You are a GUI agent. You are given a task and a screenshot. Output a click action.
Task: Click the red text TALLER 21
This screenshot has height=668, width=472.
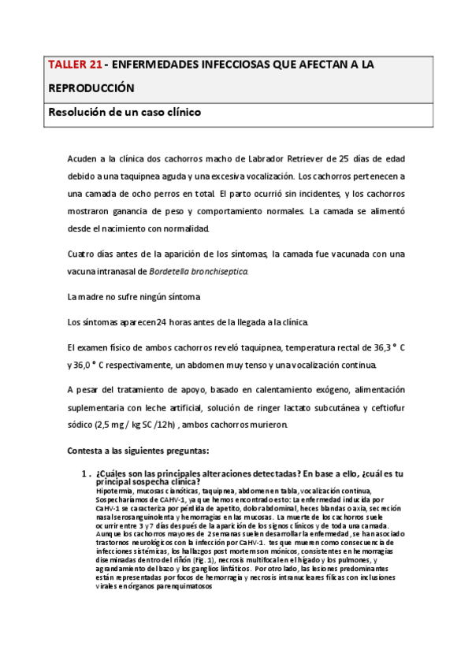pyautogui.click(x=74, y=68)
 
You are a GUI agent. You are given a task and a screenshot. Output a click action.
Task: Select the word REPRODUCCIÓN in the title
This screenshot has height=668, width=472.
pyautogui.click(x=92, y=88)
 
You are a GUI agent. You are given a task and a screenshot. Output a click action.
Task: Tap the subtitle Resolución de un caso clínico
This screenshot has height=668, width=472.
pyautogui.click(x=125, y=112)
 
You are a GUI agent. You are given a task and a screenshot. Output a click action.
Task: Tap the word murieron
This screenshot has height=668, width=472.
pyautogui.click(x=268, y=425)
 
